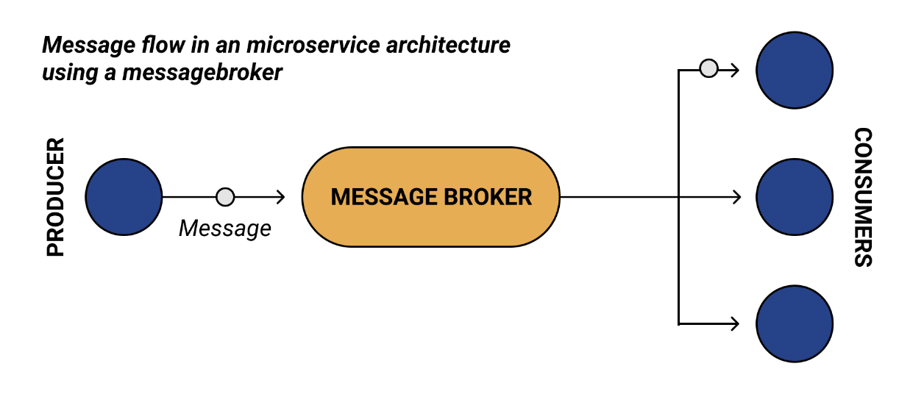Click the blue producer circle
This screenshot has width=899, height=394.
pyautogui.click(x=124, y=197)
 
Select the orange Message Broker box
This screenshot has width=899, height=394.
pyautogui.click(x=430, y=197)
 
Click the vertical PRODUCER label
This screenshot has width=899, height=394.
pyautogui.click(x=56, y=197)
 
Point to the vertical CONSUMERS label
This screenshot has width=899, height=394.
pyautogui.click(x=862, y=197)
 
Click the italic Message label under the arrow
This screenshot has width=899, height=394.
pyautogui.click(x=225, y=229)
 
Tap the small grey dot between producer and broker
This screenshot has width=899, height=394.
pyautogui.click(x=225, y=197)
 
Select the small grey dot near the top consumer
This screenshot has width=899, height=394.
pyautogui.click(x=708, y=70)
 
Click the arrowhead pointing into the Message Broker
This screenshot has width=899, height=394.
pyautogui.click(x=280, y=197)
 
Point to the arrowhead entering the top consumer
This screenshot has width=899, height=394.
pyautogui.click(x=734, y=71)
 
